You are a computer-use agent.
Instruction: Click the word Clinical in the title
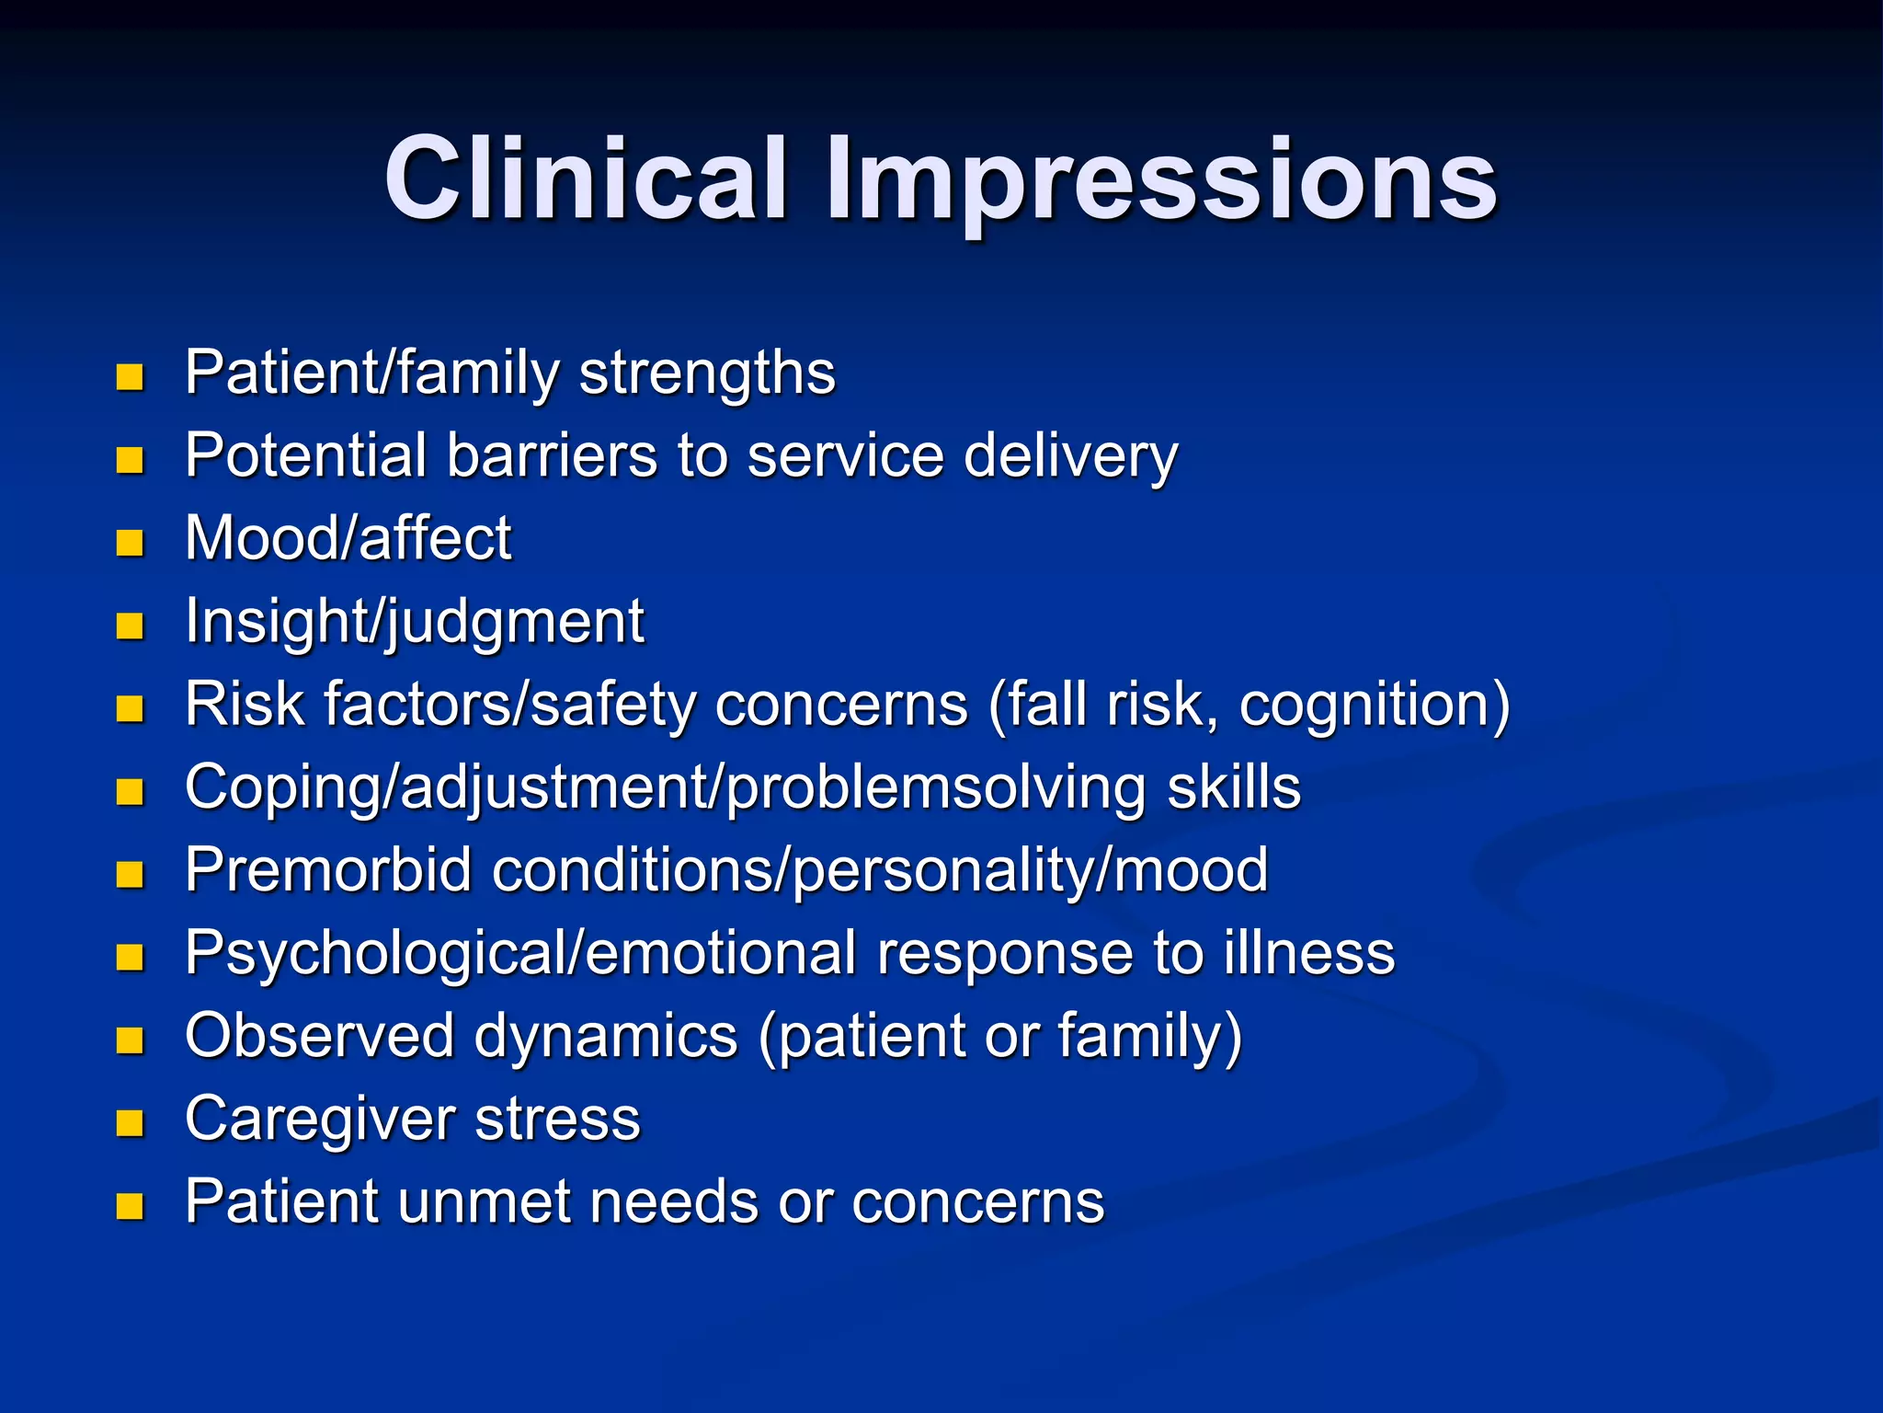pyautogui.click(x=587, y=178)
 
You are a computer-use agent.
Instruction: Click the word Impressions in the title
pyautogui.click(x=1160, y=180)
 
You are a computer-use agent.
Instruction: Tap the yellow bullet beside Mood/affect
pyautogui.click(x=130, y=543)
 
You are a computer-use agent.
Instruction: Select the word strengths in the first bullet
pyautogui.click(x=707, y=373)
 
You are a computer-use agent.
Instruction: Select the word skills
pyautogui.click(x=1233, y=787)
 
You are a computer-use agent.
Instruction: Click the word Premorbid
pyautogui.click(x=328, y=869)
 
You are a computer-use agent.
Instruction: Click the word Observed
pyautogui.click(x=319, y=1036)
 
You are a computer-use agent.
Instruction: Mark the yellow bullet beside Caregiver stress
pyautogui.click(x=130, y=1123)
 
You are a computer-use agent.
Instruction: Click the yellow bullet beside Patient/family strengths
pyautogui.click(x=130, y=377)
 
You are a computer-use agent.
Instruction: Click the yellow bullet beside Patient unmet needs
pyautogui.click(x=130, y=1206)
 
